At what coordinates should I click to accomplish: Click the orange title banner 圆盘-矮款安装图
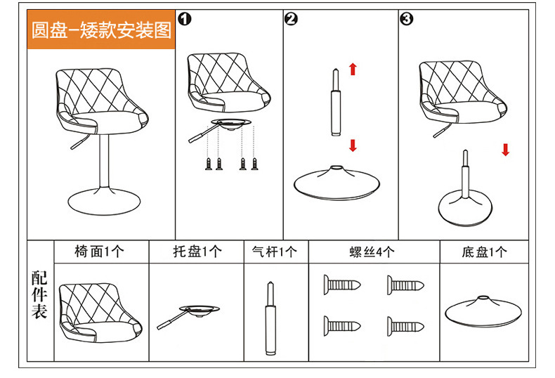[101, 31]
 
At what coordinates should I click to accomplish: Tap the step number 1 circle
[185, 20]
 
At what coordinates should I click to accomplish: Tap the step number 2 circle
[292, 20]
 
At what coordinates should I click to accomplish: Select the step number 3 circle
[406, 20]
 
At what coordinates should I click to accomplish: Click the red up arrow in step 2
[353, 69]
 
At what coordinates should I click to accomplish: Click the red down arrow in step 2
[353, 145]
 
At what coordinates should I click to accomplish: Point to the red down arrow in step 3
[505, 149]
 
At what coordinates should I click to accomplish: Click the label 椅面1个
[99, 252]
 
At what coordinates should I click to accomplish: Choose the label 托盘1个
[197, 252]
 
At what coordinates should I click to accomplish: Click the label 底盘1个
[484, 252]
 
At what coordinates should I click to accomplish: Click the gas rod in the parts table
[270, 318]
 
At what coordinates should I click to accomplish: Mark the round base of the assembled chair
[101, 198]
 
